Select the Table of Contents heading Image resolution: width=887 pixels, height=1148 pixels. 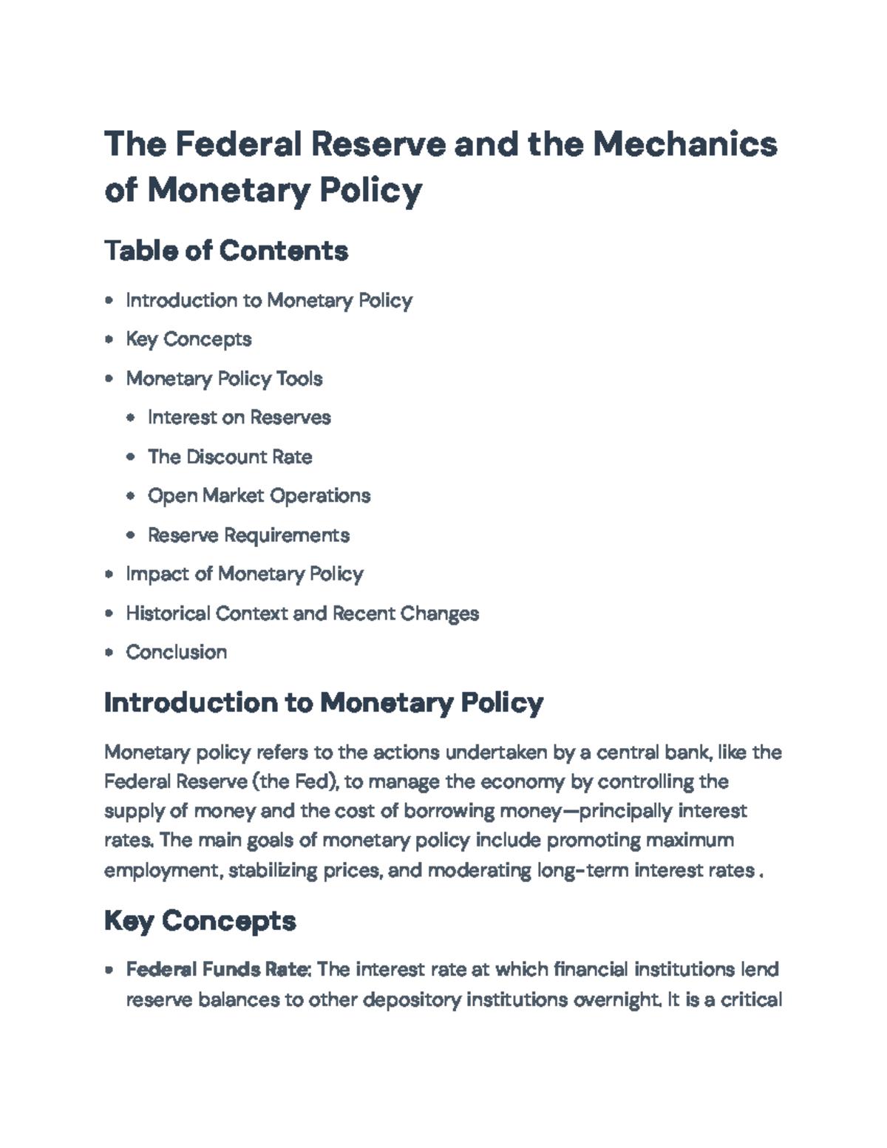[226, 251]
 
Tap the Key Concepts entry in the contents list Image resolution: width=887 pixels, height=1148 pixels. [188, 339]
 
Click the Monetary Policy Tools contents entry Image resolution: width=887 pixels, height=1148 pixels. [224, 378]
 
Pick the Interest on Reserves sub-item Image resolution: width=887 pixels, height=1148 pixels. [239, 418]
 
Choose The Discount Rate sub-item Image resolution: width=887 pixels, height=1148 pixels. [230, 457]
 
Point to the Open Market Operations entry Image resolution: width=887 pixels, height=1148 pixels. [259, 495]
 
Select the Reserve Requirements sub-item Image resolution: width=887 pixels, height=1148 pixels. [248, 534]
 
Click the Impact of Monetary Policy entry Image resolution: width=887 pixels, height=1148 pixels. [245, 574]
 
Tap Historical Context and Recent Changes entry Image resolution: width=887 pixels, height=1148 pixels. [302, 613]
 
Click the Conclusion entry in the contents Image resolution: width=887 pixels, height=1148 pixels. [177, 652]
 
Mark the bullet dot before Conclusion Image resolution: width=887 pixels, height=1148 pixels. [109, 652]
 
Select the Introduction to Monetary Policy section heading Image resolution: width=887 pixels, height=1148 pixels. [324, 702]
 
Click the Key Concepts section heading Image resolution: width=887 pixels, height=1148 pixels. [200, 921]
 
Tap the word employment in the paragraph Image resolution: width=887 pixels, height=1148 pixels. [163, 870]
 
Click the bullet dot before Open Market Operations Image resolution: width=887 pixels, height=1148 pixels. [131, 495]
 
